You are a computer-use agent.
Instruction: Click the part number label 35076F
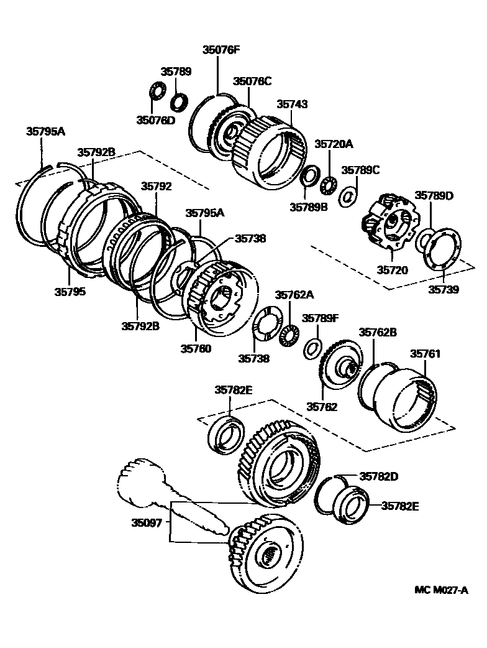(221, 50)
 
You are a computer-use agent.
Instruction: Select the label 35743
(292, 104)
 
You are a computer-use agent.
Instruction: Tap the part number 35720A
(333, 144)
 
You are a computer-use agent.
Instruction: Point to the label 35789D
(434, 196)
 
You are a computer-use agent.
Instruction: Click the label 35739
(443, 289)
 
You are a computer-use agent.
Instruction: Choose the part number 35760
(196, 348)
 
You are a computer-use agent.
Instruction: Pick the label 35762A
(294, 295)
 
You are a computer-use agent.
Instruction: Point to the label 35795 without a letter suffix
(69, 290)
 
